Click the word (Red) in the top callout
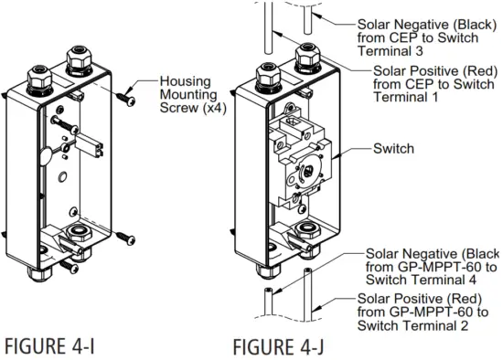pos(460,72)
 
